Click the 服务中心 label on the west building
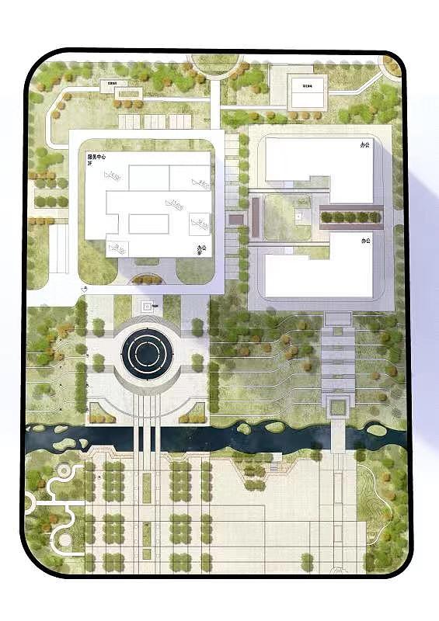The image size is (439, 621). click(x=97, y=158)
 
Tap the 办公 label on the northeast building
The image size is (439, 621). click(x=364, y=144)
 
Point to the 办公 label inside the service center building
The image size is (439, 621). click(x=201, y=249)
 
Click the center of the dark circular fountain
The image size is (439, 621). click(x=147, y=353)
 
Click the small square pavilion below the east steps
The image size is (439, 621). click(x=337, y=404)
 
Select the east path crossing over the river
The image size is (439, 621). click(x=339, y=439)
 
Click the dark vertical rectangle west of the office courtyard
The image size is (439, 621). click(x=254, y=215)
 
